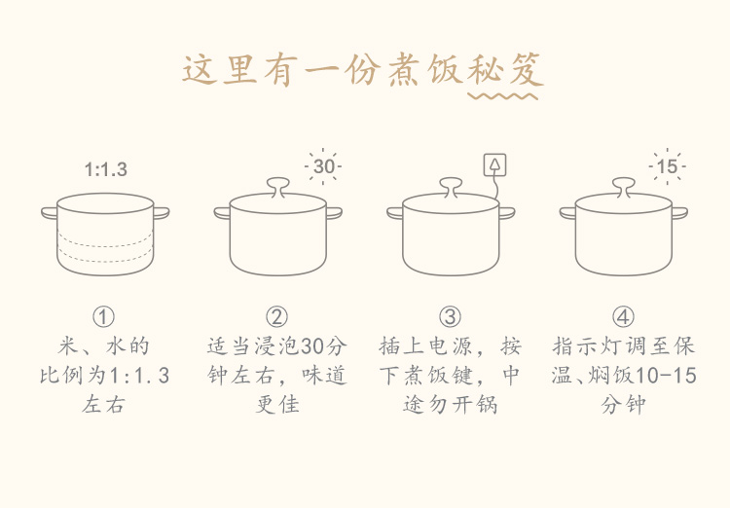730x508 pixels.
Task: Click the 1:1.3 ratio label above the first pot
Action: pyautogui.click(x=106, y=169)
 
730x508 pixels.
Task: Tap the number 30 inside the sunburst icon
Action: pyautogui.click(x=323, y=166)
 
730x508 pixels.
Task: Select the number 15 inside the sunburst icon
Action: pyautogui.click(x=667, y=166)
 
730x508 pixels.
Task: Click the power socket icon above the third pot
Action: pyautogui.click(x=494, y=164)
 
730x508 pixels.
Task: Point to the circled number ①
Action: pyautogui.click(x=103, y=317)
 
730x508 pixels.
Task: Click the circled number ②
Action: pyautogui.click(x=276, y=317)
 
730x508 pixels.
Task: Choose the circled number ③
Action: pyautogui.click(x=450, y=317)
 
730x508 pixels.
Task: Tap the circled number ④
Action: pyautogui.click(x=623, y=317)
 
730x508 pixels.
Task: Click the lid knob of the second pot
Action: pyautogui.click(x=278, y=186)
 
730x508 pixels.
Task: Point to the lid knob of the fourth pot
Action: pyautogui.click(x=624, y=186)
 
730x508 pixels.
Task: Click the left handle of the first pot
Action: pyautogui.click(x=50, y=213)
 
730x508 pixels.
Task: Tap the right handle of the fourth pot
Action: pyautogui.click(x=679, y=213)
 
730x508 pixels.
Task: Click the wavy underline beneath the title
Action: pyautogui.click(x=503, y=96)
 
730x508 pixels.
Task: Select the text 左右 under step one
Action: pyautogui.click(x=103, y=404)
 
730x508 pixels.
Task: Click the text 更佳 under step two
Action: pyautogui.click(x=277, y=404)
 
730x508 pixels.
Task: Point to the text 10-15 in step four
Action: pyautogui.click(x=666, y=376)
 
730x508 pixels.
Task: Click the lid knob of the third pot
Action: pyautogui.click(x=451, y=186)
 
